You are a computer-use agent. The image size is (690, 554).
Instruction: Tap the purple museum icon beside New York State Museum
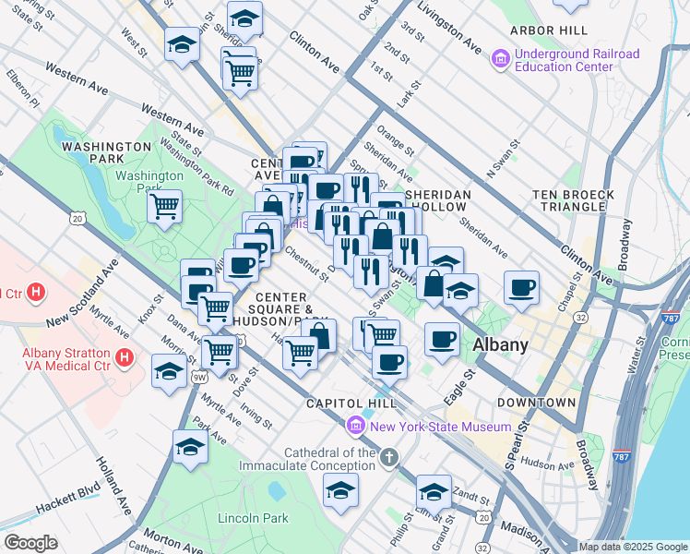point(354,426)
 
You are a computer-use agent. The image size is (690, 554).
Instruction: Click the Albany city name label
point(500,344)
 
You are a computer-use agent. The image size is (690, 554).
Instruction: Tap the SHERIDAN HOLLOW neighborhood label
point(439,201)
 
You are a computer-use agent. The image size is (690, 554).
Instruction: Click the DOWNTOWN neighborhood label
point(536,403)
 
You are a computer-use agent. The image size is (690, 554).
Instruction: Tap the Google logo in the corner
point(30,543)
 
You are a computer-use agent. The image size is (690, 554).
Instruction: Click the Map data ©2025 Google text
point(633,547)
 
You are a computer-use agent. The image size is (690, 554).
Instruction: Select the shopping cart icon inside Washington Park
point(164,206)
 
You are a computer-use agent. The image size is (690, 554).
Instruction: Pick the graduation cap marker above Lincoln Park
point(189,447)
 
